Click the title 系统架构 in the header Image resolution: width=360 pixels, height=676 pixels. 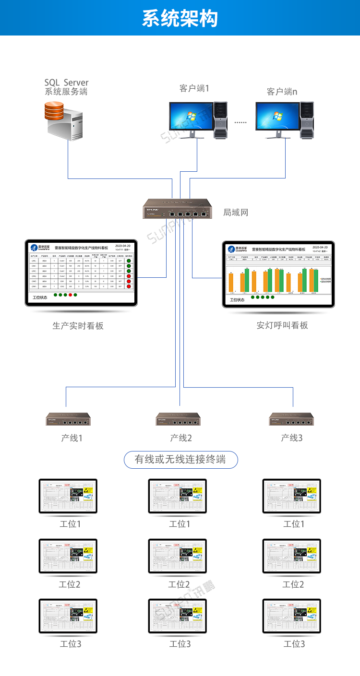click(180, 18)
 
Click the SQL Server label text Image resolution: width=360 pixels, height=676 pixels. click(66, 83)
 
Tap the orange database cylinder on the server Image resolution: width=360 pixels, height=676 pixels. click(54, 110)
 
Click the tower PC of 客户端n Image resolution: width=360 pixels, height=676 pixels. click(306, 120)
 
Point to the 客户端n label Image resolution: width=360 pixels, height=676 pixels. click(282, 91)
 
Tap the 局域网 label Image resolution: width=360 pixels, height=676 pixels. click(236, 212)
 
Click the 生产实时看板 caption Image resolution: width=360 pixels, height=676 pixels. click(78, 326)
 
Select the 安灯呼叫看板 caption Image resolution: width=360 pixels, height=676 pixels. click(282, 325)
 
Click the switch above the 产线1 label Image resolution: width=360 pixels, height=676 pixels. click(68, 419)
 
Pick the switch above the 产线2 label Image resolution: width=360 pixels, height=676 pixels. click(178, 419)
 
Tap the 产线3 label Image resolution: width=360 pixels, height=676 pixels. click(292, 438)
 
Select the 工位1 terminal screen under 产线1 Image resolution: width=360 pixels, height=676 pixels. click(68, 496)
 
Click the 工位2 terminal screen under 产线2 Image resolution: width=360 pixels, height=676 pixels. click(178, 556)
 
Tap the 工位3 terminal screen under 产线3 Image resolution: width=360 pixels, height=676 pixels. click(292, 616)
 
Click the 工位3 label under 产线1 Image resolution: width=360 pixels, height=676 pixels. click(70, 644)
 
